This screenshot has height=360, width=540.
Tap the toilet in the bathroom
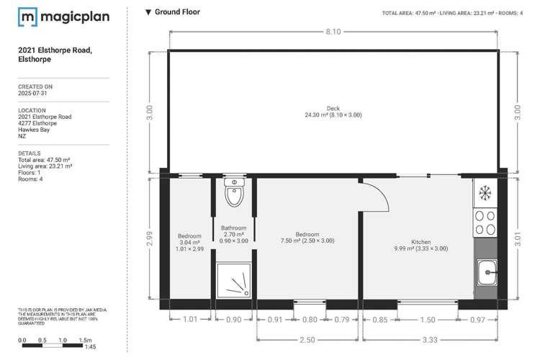tap(235, 193)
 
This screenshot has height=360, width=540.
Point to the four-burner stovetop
tap(485, 222)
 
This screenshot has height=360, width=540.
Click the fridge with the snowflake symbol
tap(485, 194)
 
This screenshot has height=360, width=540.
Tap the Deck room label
tap(333, 109)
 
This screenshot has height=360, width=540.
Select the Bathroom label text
tap(234, 228)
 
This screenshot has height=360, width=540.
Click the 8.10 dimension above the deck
tap(333, 31)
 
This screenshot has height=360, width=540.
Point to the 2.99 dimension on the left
tap(150, 238)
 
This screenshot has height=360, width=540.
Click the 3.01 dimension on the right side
tap(516, 238)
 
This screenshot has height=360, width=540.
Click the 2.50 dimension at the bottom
tap(309, 338)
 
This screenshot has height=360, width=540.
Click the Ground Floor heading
tap(173, 12)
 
